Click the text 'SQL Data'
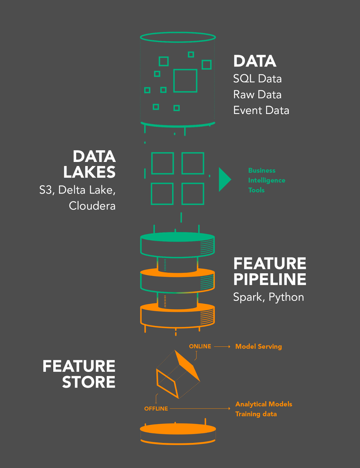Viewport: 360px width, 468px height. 257,79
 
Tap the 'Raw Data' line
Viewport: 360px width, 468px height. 257,94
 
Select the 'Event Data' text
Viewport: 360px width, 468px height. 261,110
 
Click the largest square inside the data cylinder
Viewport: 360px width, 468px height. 185,81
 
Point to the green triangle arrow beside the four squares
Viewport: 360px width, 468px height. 224,180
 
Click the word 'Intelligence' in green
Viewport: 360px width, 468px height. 266,180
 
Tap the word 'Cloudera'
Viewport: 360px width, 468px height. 92,206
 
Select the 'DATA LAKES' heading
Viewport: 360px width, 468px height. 90,164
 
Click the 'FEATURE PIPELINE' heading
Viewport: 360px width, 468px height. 269,271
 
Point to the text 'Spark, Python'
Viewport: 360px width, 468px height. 268,297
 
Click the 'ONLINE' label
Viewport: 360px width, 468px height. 200,346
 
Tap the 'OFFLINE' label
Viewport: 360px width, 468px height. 156,409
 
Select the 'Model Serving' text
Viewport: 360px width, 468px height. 258,346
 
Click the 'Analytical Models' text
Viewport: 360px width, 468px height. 264,404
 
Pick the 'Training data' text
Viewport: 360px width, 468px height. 256,414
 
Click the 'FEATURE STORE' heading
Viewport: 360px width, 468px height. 79,374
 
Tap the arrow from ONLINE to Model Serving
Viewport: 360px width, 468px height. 222,347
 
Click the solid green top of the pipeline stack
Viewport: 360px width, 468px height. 178,237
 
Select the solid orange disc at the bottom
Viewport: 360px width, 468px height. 178,429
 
